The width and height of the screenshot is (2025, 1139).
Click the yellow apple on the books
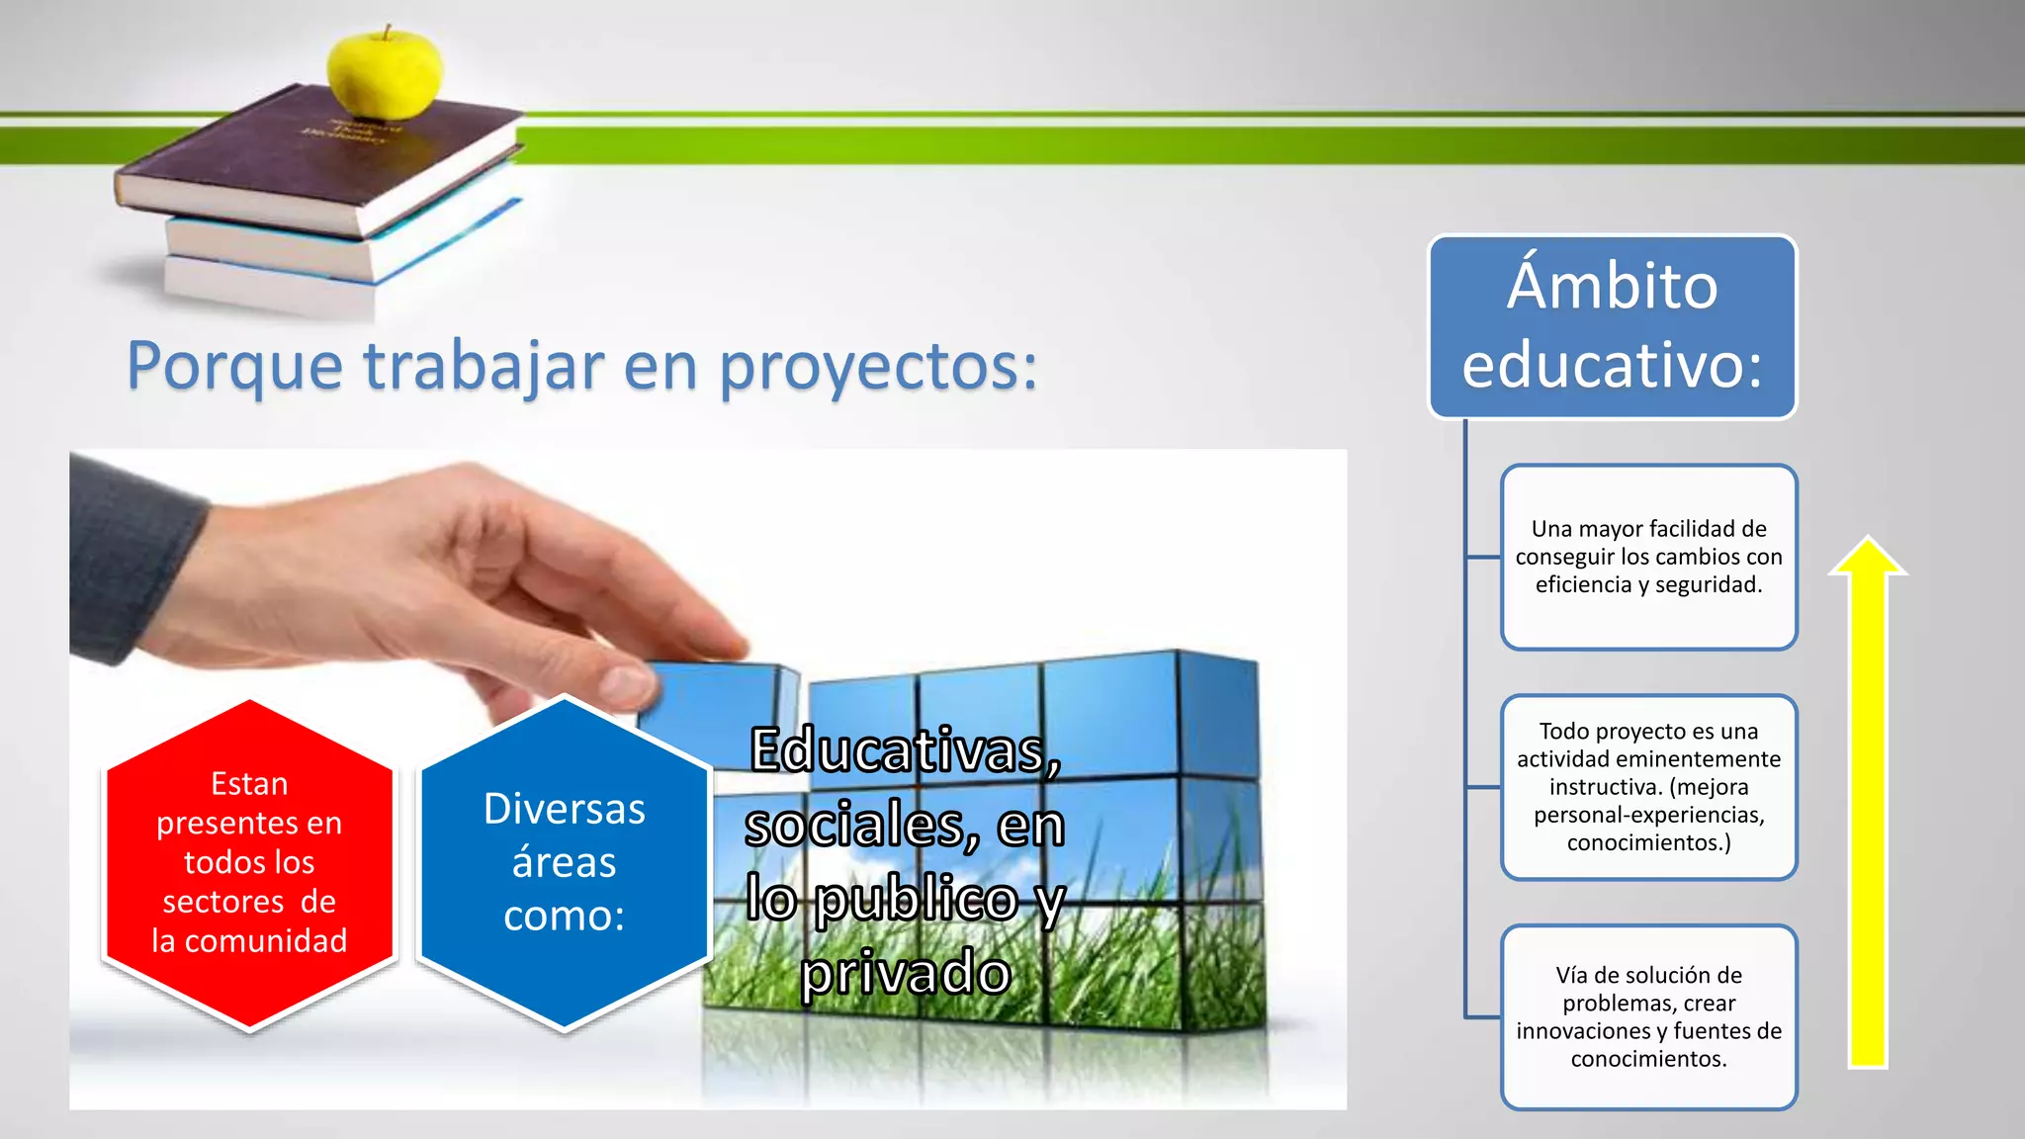tap(386, 74)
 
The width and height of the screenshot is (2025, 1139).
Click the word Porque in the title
tap(235, 367)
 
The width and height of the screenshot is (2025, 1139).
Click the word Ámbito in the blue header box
tap(1612, 287)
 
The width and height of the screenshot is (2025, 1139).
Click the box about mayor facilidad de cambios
tap(1648, 557)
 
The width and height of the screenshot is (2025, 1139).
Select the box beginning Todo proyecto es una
tap(1648, 787)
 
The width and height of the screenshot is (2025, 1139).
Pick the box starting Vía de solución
tap(1648, 1016)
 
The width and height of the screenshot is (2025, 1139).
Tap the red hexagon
tap(249, 865)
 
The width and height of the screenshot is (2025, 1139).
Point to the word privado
tap(906, 973)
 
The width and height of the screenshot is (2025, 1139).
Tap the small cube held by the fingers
tap(717, 697)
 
